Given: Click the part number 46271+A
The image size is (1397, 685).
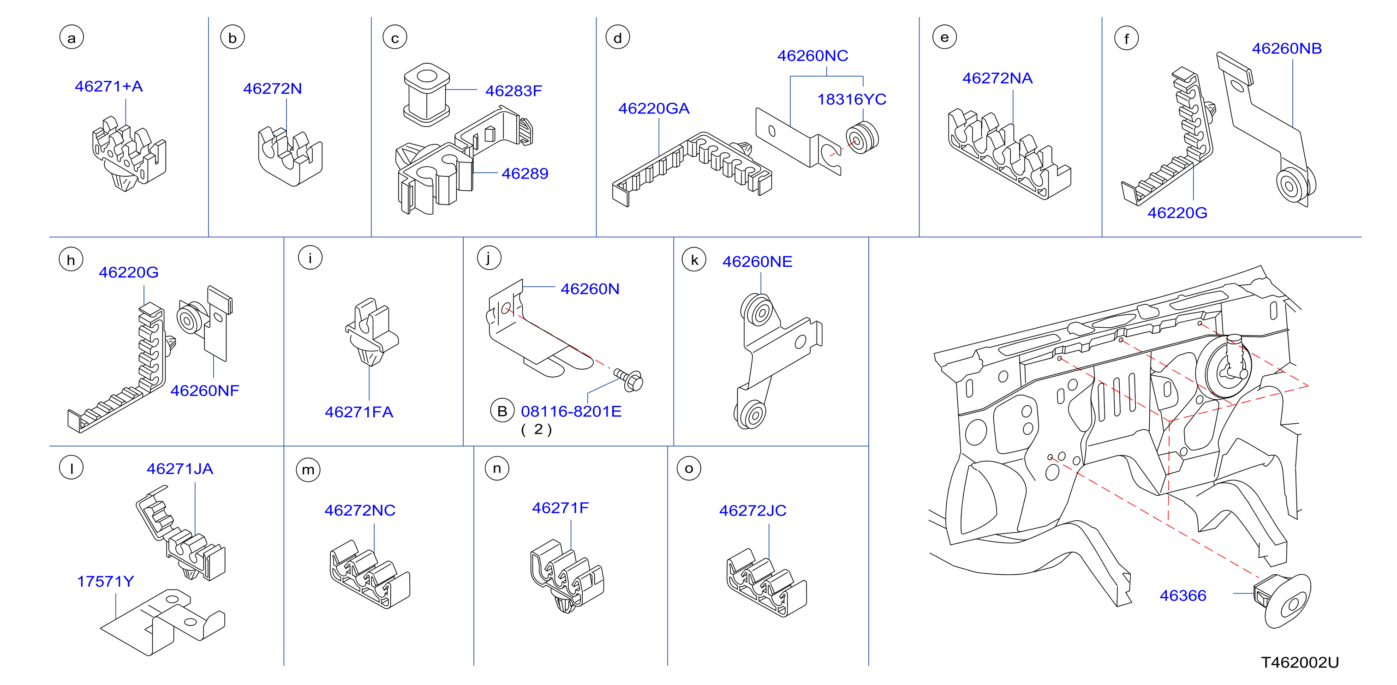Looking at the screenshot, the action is (x=108, y=86).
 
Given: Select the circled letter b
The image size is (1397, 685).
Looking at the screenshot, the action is (x=233, y=38).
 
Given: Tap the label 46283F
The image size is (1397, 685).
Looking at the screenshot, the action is (x=513, y=90).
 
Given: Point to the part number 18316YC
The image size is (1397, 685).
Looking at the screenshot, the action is (x=851, y=99).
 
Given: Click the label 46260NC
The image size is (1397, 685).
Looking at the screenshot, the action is (x=812, y=55).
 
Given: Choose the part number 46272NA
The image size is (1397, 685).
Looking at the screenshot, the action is (x=997, y=78).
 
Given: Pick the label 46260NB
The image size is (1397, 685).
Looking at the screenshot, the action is (x=1286, y=48).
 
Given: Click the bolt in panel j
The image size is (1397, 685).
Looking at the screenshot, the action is (x=629, y=379).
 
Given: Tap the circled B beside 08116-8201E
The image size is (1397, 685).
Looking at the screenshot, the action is (x=502, y=411).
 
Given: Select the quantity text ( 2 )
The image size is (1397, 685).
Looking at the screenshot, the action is (x=537, y=429).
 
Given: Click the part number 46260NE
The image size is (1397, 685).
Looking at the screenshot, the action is (x=757, y=262).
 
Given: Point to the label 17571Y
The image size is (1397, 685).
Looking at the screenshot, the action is (x=105, y=581).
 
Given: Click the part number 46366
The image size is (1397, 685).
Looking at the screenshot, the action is (x=1183, y=595).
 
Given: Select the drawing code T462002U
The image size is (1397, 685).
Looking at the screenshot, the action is (x=1299, y=662).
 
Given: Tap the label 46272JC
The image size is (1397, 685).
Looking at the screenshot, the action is (x=753, y=510).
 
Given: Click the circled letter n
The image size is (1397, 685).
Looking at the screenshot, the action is (x=497, y=469).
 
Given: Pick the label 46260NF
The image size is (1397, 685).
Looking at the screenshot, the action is (x=204, y=390).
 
